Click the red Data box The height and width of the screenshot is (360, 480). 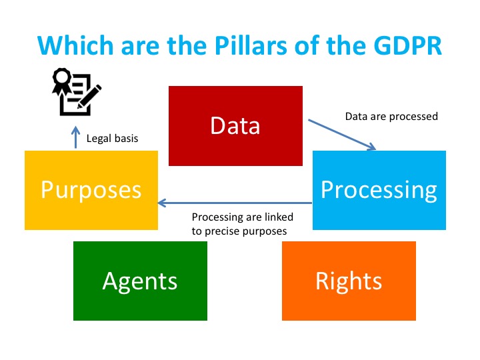pyautogui.click(x=235, y=126)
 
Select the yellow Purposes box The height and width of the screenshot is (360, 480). pyautogui.click(x=91, y=190)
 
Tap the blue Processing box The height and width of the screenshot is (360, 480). pyautogui.click(x=379, y=190)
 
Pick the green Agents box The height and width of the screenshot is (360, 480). pyautogui.click(x=140, y=281)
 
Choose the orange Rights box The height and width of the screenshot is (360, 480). pyautogui.click(x=349, y=281)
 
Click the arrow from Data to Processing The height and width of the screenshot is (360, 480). pyautogui.click(x=342, y=135)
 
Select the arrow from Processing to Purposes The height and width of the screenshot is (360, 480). pyautogui.click(x=235, y=203)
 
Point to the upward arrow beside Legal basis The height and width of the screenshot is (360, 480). pyautogui.click(x=75, y=137)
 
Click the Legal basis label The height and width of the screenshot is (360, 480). pyautogui.click(x=113, y=139)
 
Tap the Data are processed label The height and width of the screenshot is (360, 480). pyautogui.click(x=391, y=117)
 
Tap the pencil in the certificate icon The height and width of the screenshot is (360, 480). pyautogui.click(x=89, y=96)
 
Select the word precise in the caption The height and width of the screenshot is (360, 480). pyautogui.click(x=222, y=232)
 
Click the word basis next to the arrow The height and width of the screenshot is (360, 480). pyautogui.click(x=126, y=139)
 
